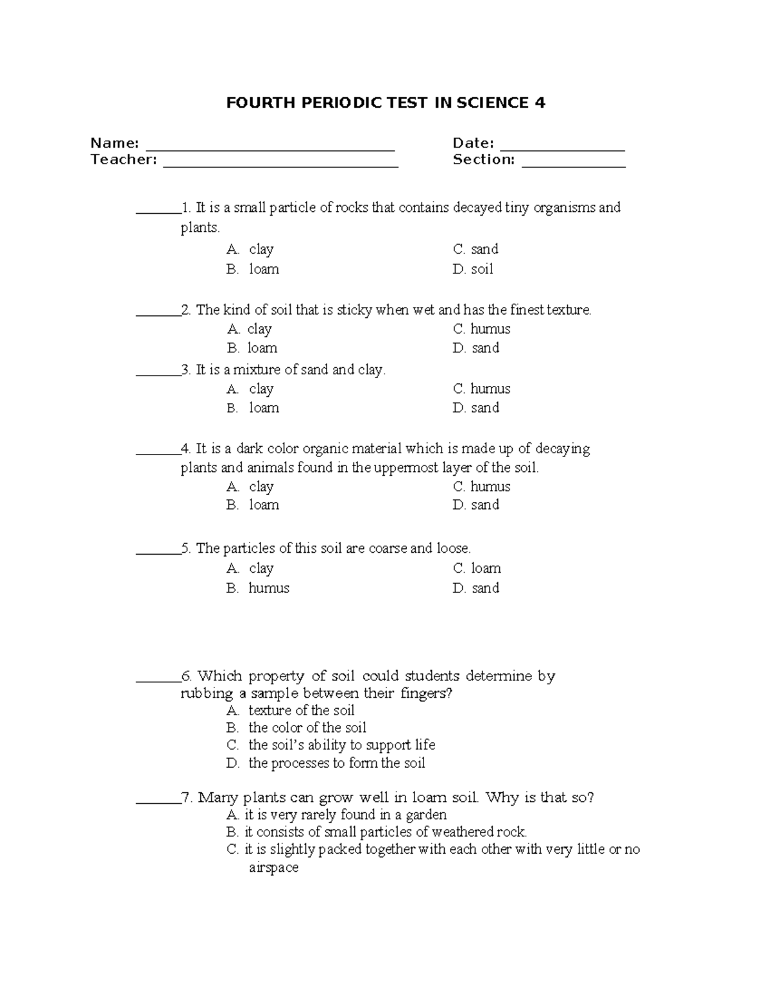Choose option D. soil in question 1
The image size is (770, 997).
tap(473, 269)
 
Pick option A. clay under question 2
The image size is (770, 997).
tap(250, 329)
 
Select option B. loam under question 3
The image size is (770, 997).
tap(253, 408)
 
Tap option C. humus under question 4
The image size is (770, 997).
tap(481, 487)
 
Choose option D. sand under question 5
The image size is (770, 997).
tap(475, 588)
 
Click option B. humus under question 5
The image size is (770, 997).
tap(258, 588)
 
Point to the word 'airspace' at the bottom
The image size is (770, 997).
tap(273, 867)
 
